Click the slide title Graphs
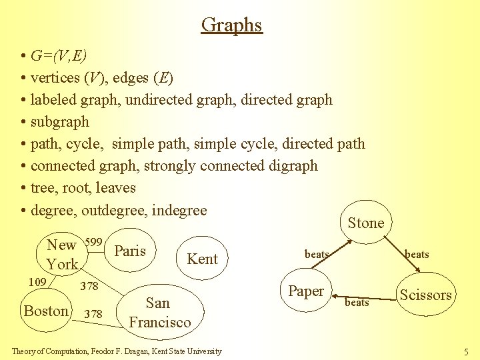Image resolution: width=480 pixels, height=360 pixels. pyautogui.click(x=232, y=25)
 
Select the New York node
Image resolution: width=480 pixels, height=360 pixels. pyautogui.click(x=62, y=254)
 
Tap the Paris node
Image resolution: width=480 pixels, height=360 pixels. pyautogui.click(x=130, y=251)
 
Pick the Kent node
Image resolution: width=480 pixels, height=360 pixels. pyautogui.click(x=202, y=259)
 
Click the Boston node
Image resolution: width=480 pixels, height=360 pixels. pyautogui.click(x=46, y=311)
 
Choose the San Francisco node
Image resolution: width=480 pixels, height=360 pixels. pyautogui.click(x=159, y=313)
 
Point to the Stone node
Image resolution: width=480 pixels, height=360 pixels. pyautogui.click(x=366, y=223)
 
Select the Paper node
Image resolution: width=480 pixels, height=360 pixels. pyautogui.click(x=306, y=291)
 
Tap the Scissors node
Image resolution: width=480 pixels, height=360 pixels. pyautogui.click(x=425, y=295)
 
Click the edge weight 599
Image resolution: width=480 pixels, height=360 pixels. pyautogui.click(x=94, y=241)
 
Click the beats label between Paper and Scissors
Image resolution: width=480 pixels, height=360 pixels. pyautogui.click(x=357, y=303)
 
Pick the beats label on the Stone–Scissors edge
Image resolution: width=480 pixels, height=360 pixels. pyautogui.click(x=417, y=254)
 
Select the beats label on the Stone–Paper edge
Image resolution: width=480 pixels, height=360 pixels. pyautogui.click(x=317, y=254)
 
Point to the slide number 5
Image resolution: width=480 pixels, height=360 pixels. pyautogui.click(x=466, y=351)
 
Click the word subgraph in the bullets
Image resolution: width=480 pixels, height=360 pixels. pyautogui.click(x=60, y=122)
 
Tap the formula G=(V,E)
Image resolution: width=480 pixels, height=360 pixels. pyautogui.click(x=59, y=56)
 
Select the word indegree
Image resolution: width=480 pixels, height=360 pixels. pyautogui.click(x=179, y=210)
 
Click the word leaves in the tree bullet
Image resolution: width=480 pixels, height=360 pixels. pyautogui.click(x=116, y=188)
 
